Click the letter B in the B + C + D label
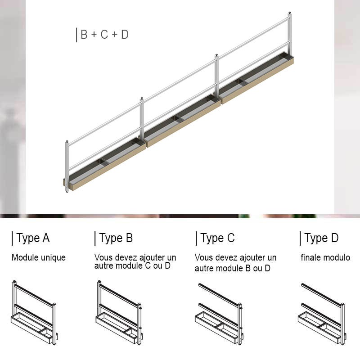84,35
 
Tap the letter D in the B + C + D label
125,35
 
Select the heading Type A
33,238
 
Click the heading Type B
116,238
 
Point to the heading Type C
217,238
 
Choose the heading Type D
321,238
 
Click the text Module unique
39,257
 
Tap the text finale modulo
325,257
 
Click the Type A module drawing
34,313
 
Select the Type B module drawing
119,313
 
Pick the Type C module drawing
219,314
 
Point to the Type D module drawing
322,314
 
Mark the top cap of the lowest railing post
67,141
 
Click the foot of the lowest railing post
67,191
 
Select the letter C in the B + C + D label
104,35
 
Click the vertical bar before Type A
12,238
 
